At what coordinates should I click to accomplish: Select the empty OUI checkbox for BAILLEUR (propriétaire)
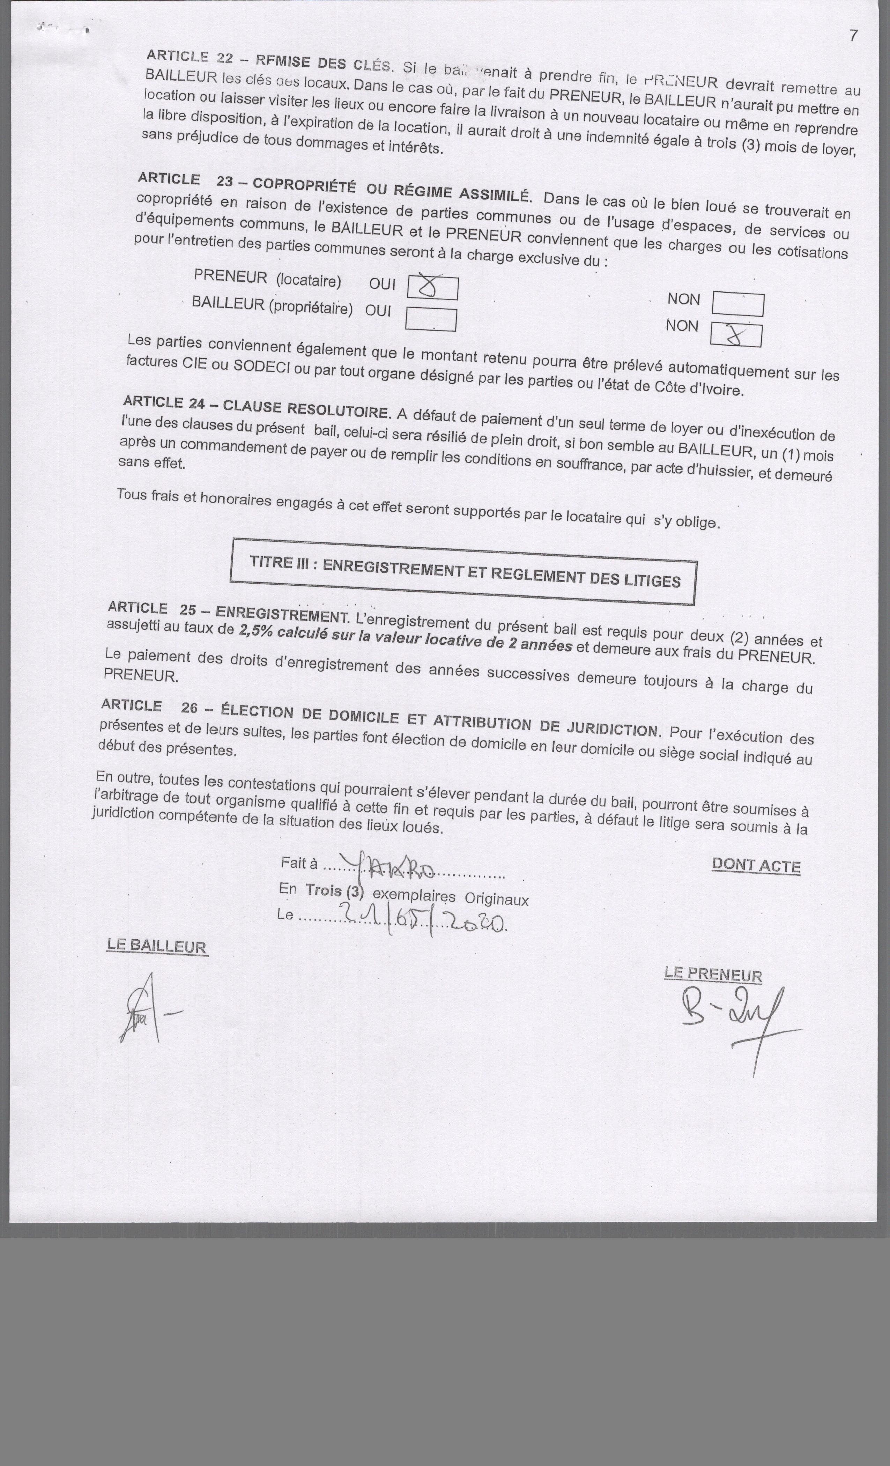click(431, 319)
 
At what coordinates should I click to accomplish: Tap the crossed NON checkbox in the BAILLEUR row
click(736, 335)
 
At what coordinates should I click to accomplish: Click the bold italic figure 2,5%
click(255, 631)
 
